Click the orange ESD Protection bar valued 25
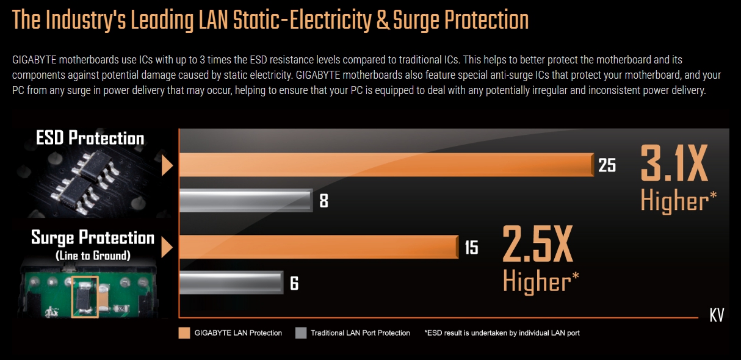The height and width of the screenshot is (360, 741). point(385,165)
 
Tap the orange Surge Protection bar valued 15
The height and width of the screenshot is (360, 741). point(317,247)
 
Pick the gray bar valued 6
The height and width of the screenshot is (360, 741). point(230,283)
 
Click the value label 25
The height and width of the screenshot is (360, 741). point(607,165)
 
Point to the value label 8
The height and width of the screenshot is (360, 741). point(324,200)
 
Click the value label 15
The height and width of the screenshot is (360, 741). point(471,248)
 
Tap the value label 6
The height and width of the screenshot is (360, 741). point(294,284)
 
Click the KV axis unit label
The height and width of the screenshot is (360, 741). point(717,315)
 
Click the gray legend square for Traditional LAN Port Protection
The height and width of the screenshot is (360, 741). point(300,333)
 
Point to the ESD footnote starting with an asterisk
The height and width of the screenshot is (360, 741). point(502,333)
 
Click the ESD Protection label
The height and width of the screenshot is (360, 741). point(90,138)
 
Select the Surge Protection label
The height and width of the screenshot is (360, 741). point(93,237)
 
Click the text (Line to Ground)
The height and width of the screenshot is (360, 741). point(93,256)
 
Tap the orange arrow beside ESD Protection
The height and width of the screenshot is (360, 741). point(167,165)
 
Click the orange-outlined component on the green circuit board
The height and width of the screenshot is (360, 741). point(85,297)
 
